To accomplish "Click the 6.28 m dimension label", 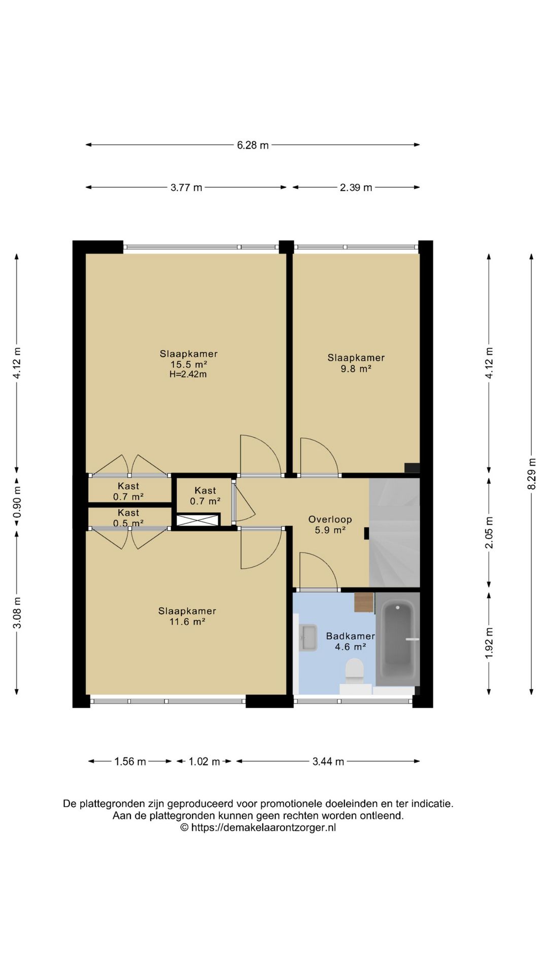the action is pyautogui.click(x=253, y=145).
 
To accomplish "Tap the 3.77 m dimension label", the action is pyautogui.click(x=186, y=187).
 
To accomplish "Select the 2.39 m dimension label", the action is pyautogui.click(x=356, y=187).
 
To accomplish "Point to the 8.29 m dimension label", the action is pyautogui.click(x=532, y=474).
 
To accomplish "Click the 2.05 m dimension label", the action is pyautogui.click(x=489, y=533).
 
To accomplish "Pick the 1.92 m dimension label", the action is pyautogui.click(x=489, y=643).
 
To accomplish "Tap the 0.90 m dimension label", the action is pyautogui.click(x=17, y=502).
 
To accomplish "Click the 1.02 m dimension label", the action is pyautogui.click(x=204, y=761).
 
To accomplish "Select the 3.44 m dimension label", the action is pyautogui.click(x=328, y=761).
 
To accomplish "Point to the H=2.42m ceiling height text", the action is pyautogui.click(x=188, y=374).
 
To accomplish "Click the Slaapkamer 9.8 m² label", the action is pyautogui.click(x=356, y=363).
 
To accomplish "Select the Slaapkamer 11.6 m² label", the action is pyautogui.click(x=187, y=616).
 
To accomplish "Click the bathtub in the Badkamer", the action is pyautogui.click(x=398, y=640).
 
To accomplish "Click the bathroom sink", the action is pyautogui.click(x=308, y=638).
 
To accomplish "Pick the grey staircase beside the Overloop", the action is pyautogui.click(x=394, y=533).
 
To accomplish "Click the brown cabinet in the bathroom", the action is pyautogui.click(x=364, y=602).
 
